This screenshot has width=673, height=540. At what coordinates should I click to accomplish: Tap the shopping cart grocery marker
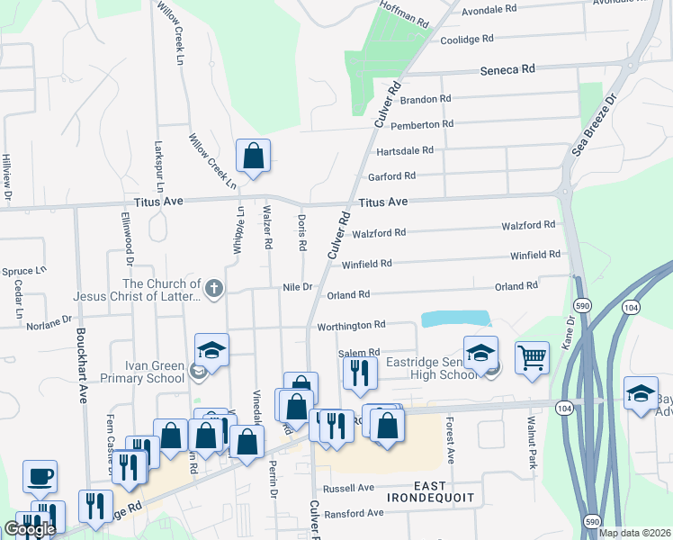tap(532, 357)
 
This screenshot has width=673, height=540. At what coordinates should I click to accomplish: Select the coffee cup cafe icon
tap(39, 475)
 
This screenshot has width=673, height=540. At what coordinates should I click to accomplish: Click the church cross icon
tap(212, 289)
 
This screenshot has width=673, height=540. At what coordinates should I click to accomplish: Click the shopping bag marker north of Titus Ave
tap(254, 155)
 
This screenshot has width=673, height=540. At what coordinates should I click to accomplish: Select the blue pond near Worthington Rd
tap(456, 319)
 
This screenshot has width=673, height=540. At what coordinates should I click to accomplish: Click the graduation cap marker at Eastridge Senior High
tap(480, 352)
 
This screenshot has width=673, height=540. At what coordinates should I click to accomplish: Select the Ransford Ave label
tap(354, 513)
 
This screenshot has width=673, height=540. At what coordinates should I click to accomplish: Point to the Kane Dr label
tap(569, 332)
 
